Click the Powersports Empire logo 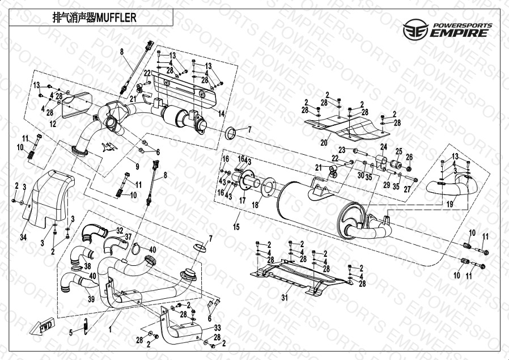[x=446, y=28]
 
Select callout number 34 [x=23, y=236]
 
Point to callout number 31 [x=285, y=297]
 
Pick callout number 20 [x=324, y=142]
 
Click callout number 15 [x=236, y=227]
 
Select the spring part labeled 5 [x=84, y=327]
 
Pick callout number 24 [x=384, y=147]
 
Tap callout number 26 [x=409, y=156]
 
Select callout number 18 [x=255, y=204]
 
